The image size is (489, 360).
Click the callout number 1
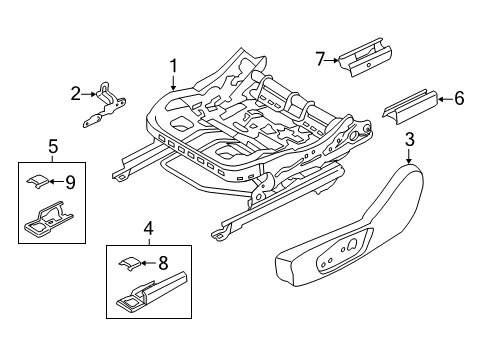pos(172,67)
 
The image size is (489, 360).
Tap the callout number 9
pos(69,182)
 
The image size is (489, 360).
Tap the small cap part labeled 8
pos(130,263)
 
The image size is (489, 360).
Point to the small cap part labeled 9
pos(37,180)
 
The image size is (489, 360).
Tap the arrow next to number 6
pos(445,97)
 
